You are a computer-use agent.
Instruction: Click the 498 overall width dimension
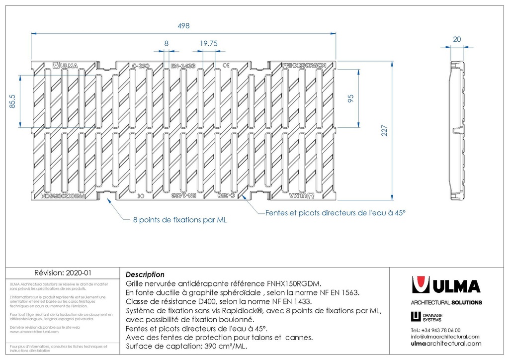183,25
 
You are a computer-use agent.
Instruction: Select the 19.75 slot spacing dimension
209,43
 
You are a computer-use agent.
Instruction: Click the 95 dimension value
350,97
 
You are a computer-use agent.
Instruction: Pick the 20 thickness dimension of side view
457,39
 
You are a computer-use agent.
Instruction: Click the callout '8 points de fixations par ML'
179,219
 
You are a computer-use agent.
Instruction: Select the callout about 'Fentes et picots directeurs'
336,212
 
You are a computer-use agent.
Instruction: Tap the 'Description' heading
145,274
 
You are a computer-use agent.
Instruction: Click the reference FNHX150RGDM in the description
295,283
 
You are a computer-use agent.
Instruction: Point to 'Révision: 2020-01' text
63,273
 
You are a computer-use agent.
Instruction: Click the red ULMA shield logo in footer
421,285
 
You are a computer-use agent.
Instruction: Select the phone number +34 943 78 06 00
436,330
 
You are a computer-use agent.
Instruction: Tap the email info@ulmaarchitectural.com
445,337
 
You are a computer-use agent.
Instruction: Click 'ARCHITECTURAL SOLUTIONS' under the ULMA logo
446,302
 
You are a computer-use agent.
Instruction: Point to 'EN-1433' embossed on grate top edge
183,66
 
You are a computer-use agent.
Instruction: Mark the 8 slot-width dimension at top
167,43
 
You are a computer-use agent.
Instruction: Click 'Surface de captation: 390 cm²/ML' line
187,347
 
